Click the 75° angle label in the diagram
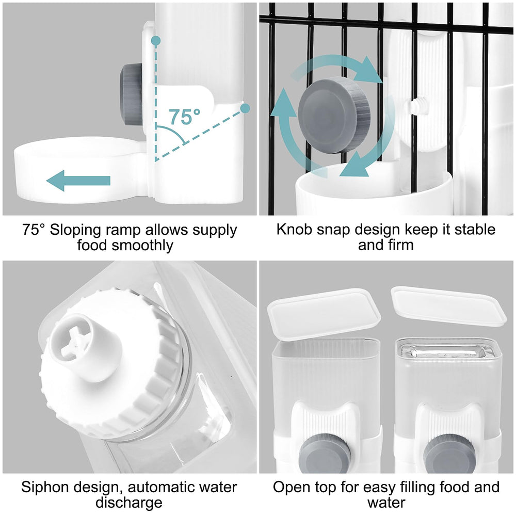(x=185, y=116)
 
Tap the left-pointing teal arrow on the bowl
(x=78, y=181)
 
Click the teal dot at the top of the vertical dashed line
(x=156, y=41)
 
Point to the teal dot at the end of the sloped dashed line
(x=245, y=108)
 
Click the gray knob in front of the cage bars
(x=334, y=115)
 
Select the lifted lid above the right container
(x=448, y=305)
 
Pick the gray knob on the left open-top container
(x=325, y=454)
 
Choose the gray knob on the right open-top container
(x=449, y=454)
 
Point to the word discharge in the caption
(x=129, y=503)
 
